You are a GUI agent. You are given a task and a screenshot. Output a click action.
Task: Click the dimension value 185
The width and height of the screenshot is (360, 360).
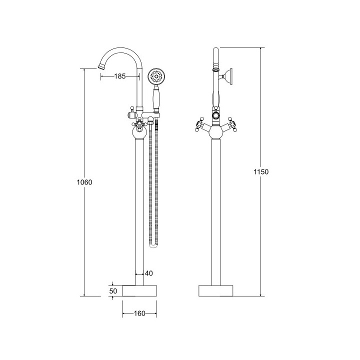pos(119,76)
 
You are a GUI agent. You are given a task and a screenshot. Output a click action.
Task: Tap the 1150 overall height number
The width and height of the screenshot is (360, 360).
pos(261,171)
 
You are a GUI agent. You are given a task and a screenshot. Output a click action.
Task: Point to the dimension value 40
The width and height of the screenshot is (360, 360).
pos(148,273)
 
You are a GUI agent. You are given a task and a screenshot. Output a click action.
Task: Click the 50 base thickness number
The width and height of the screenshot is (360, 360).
pos(113,290)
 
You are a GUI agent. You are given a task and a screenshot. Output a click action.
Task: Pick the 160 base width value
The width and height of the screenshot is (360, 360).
pos(139,313)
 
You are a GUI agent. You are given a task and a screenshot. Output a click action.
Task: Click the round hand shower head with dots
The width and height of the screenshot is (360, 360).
pos(156,77)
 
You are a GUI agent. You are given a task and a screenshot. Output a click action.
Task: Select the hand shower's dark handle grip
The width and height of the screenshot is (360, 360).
pos(156,98)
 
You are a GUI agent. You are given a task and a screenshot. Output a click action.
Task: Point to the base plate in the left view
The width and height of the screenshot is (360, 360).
pos(139,290)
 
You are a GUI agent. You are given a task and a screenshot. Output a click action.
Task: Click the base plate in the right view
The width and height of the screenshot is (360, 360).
pos(216,290)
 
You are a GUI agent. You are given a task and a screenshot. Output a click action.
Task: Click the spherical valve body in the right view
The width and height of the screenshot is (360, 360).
pos(216,132)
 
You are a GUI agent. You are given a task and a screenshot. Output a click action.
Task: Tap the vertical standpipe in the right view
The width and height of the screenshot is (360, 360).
pos(216,210)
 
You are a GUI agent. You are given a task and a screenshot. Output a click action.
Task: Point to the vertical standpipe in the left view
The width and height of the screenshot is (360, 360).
pos(139,210)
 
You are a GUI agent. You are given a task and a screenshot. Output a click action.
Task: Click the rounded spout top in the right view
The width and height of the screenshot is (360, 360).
pos(216,51)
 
